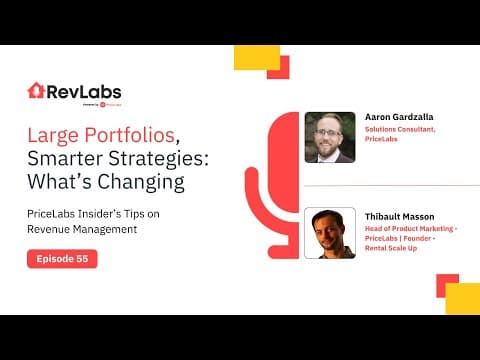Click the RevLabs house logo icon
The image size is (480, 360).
point(36,91)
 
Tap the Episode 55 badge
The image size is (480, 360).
point(62,259)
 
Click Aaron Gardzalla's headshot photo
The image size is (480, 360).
point(330,136)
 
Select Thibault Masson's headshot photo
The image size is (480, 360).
point(330,233)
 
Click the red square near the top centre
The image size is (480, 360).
point(277,66)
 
